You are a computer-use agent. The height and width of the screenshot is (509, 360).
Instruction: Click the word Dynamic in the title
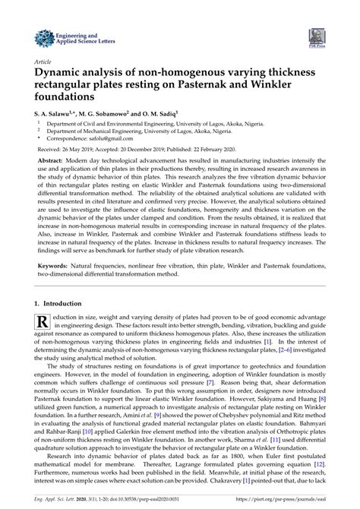coord(60,74)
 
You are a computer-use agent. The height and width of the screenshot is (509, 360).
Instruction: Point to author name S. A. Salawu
coord(54,112)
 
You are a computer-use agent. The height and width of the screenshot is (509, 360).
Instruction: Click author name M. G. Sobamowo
coord(109,112)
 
